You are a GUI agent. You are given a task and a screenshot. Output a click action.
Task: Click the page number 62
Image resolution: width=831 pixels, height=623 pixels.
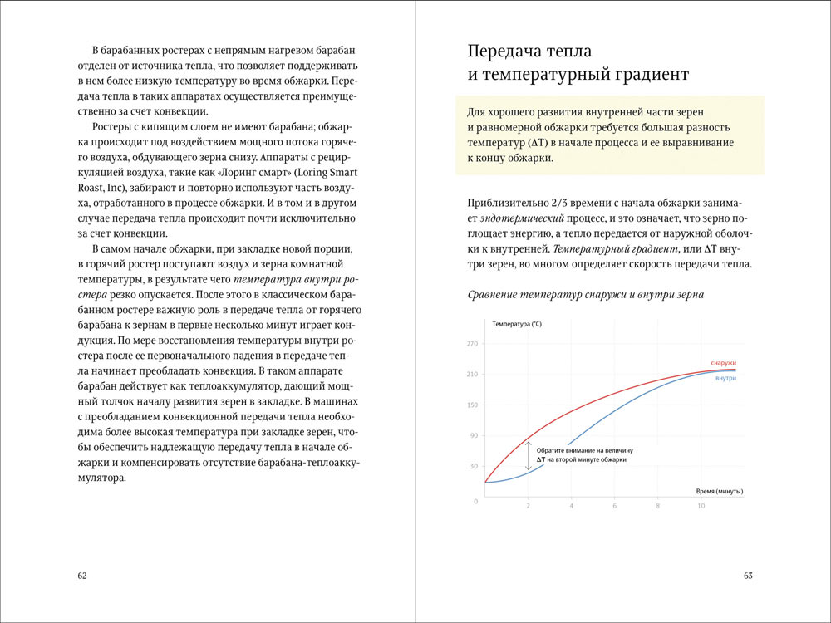coord(81,576)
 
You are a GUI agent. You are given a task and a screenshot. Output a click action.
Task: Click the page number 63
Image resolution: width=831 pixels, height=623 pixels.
coord(748,576)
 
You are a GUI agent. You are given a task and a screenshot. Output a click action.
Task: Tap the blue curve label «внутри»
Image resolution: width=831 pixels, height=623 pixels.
coord(725,378)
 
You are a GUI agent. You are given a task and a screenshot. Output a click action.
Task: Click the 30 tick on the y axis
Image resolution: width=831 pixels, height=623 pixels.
coord(474,466)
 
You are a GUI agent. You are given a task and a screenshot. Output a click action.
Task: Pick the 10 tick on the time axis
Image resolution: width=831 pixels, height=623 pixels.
coord(701,506)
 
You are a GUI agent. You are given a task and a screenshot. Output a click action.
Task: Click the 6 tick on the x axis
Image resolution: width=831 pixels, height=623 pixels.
coord(614,506)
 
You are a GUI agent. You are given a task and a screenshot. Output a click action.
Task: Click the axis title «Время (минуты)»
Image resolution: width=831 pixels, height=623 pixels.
coord(719,491)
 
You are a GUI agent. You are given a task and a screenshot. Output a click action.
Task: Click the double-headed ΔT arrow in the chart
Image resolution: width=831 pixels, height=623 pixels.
coord(528,455)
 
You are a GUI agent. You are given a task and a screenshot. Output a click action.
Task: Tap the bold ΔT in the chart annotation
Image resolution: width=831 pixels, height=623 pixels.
coord(541,459)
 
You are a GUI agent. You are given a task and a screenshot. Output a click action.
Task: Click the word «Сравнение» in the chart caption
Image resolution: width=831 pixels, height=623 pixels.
coord(496,294)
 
